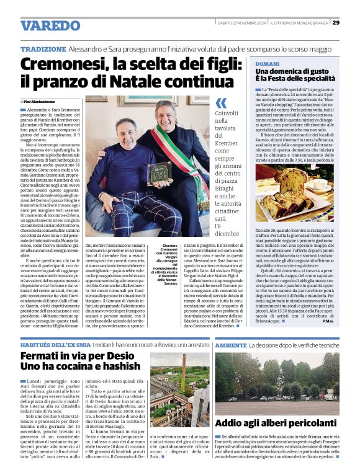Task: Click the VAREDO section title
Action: coord(50,25)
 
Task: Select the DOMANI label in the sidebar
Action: coord(268,64)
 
